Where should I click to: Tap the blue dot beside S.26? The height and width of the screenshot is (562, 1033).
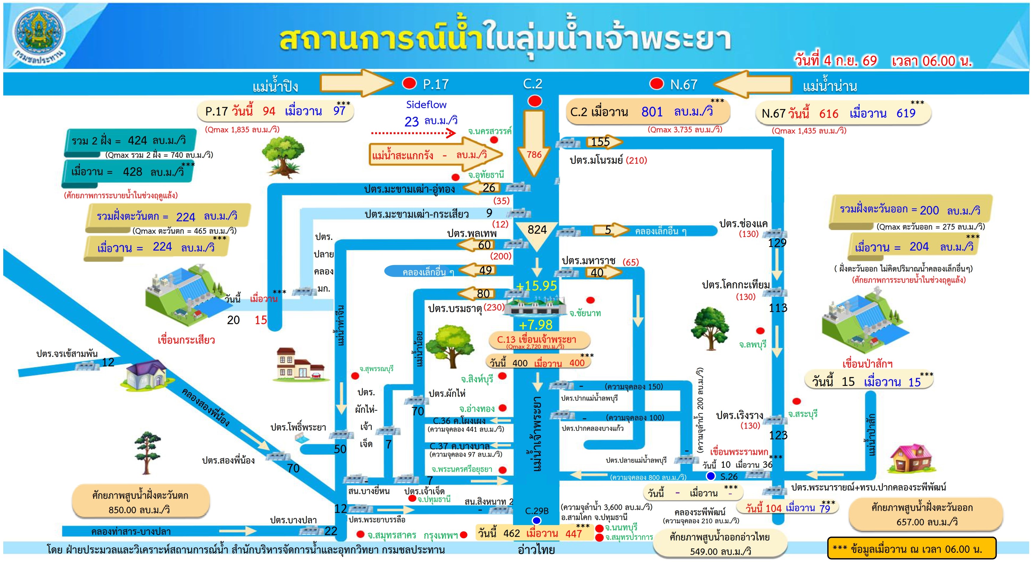pyautogui.click(x=710, y=476)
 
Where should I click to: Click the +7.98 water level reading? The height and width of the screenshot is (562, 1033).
pyautogui.click(x=535, y=324)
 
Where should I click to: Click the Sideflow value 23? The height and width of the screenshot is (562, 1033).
pyautogui.click(x=412, y=121)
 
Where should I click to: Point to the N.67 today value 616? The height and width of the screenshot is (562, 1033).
pyautogui.click(x=828, y=113)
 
